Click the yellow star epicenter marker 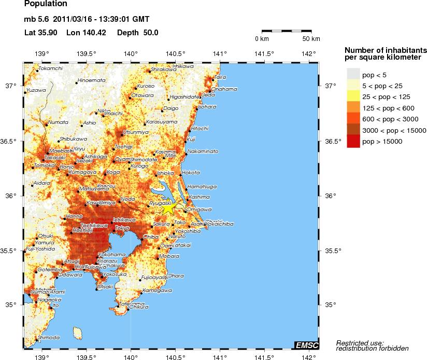pyautogui.click(x=169, y=207)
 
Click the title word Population pyautogui.click(x=46, y=4)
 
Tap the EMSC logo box pyautogui.click(x=306, y=345)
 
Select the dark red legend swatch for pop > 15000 pyautogui.click(x=353, y=141)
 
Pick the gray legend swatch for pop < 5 pyautogui.click(x=353, y=75)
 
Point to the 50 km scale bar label pyautogui.click(x=311, y=39)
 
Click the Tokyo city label pyautogui.click(x=122, y=228)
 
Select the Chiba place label pyautogui.click(x=151, y=237)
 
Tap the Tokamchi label pyautogui.click(x=51, y=68)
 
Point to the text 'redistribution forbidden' pyautogui.click(x=372, y=348)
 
